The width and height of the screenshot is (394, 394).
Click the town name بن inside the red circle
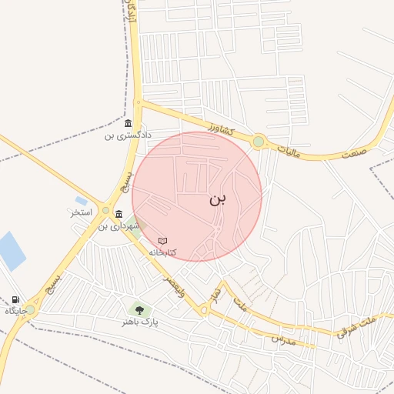pos(218,199)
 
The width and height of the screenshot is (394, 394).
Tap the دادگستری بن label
pos(121,136)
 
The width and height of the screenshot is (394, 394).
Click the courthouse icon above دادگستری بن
pos(127,123)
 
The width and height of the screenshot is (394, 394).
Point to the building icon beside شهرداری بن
pos(119,214)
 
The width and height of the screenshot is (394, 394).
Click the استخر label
pos(82,212)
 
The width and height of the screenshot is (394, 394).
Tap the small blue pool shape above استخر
pos(81,201)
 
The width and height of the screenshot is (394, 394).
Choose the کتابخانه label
pos(162,252)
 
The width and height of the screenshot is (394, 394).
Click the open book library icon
pos(162,241)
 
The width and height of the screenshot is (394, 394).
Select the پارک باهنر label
pos(139,322)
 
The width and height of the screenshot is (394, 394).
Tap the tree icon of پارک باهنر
pos(139,309)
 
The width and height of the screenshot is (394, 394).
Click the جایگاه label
pos(16,311)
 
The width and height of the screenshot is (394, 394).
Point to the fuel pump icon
pos(15,299)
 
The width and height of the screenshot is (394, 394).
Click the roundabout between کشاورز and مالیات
pos(259,142)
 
